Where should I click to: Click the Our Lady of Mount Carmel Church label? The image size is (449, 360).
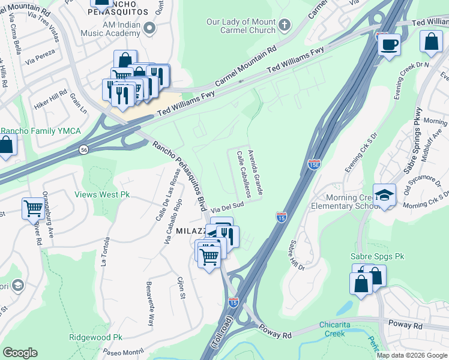pyautogui.click(x=241, y=25)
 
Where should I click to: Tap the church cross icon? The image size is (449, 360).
pyautogui.click(x=284, y=25)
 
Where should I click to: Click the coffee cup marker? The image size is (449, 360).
pyautogui.click(x=389, y=44)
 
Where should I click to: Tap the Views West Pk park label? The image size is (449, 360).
pyautogui.click(x=101, y=194)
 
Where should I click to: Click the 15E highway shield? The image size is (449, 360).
pyautogui.click(x=314, y=163)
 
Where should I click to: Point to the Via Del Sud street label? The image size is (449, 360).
pyautogui.click(x=228, y=207)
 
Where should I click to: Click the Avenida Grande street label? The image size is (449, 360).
pyautogui.click(x=256, y=172)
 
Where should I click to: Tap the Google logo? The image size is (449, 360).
pyautogui.click(x=20, y=353)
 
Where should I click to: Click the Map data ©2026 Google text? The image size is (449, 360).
pyautogui.click(x=412, y=355)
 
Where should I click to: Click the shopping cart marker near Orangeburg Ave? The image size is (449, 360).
pyautogui.click(x=34, y=208)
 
